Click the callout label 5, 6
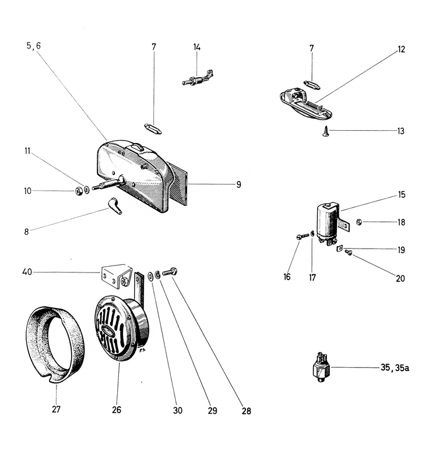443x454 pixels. click(33, 46)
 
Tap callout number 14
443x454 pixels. click(197, 46)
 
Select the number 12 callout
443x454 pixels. click(401, 49)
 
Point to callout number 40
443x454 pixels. click(27, 271)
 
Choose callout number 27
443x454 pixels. click(56, 409)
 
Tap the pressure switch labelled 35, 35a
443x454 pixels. click(320, 367)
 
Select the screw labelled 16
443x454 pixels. click(300, 236)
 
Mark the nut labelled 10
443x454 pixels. click(78, 191)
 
